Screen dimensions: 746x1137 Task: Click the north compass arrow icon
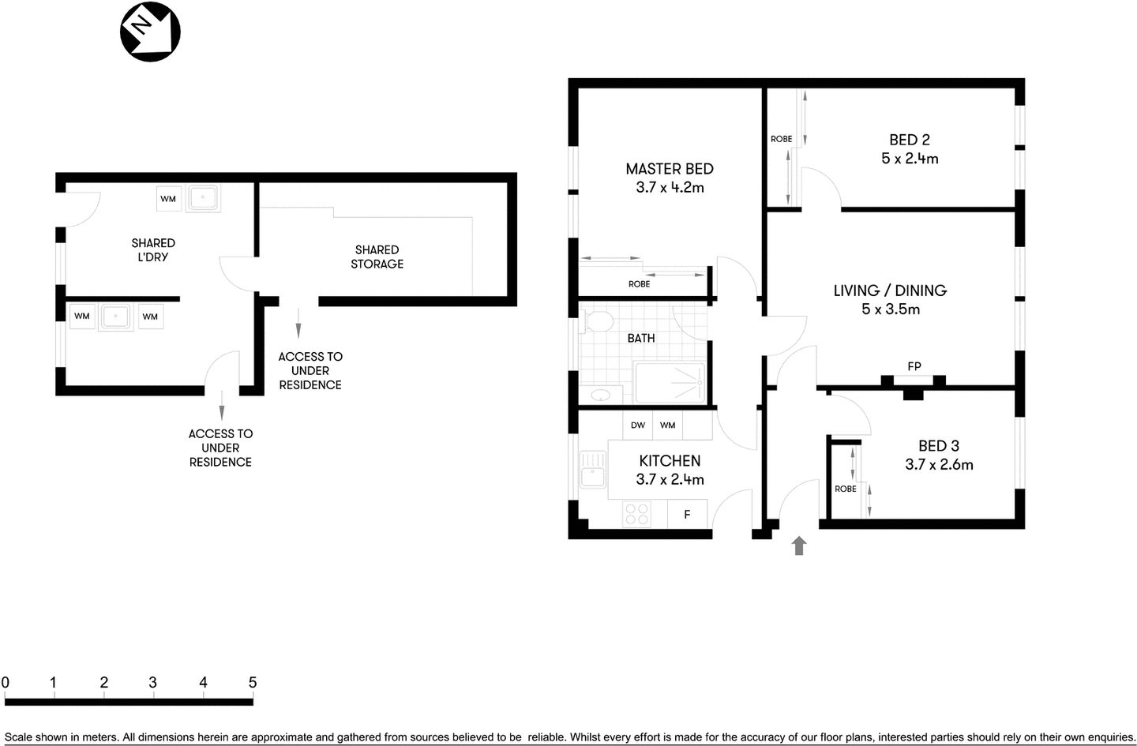(150, 31)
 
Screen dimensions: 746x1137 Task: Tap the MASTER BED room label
(669, 169)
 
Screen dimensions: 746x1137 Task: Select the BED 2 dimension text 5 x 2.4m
(910, 159)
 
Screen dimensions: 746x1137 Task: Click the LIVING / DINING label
(890, 291)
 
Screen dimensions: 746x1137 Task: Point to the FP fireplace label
(914, 366)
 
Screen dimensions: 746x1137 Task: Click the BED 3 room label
(938, 446)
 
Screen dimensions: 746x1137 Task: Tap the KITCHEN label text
(670, 461)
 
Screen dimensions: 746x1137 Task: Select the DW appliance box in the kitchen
(638, 425)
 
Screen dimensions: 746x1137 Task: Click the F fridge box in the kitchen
(687, 515)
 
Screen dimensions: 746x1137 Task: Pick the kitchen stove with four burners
(636, 514)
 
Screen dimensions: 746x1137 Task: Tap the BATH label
(640, 339)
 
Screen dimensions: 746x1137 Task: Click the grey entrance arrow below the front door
(799, 545)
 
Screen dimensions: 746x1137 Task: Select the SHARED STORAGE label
(377, 257)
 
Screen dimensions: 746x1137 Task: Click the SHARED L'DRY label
(153, 250)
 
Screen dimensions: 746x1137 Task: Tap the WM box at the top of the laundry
(168, 199)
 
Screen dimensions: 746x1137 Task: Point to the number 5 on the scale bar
(253, 683)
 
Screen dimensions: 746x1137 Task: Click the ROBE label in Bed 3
(845, 489)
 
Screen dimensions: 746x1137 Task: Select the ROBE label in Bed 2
(781, 139)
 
